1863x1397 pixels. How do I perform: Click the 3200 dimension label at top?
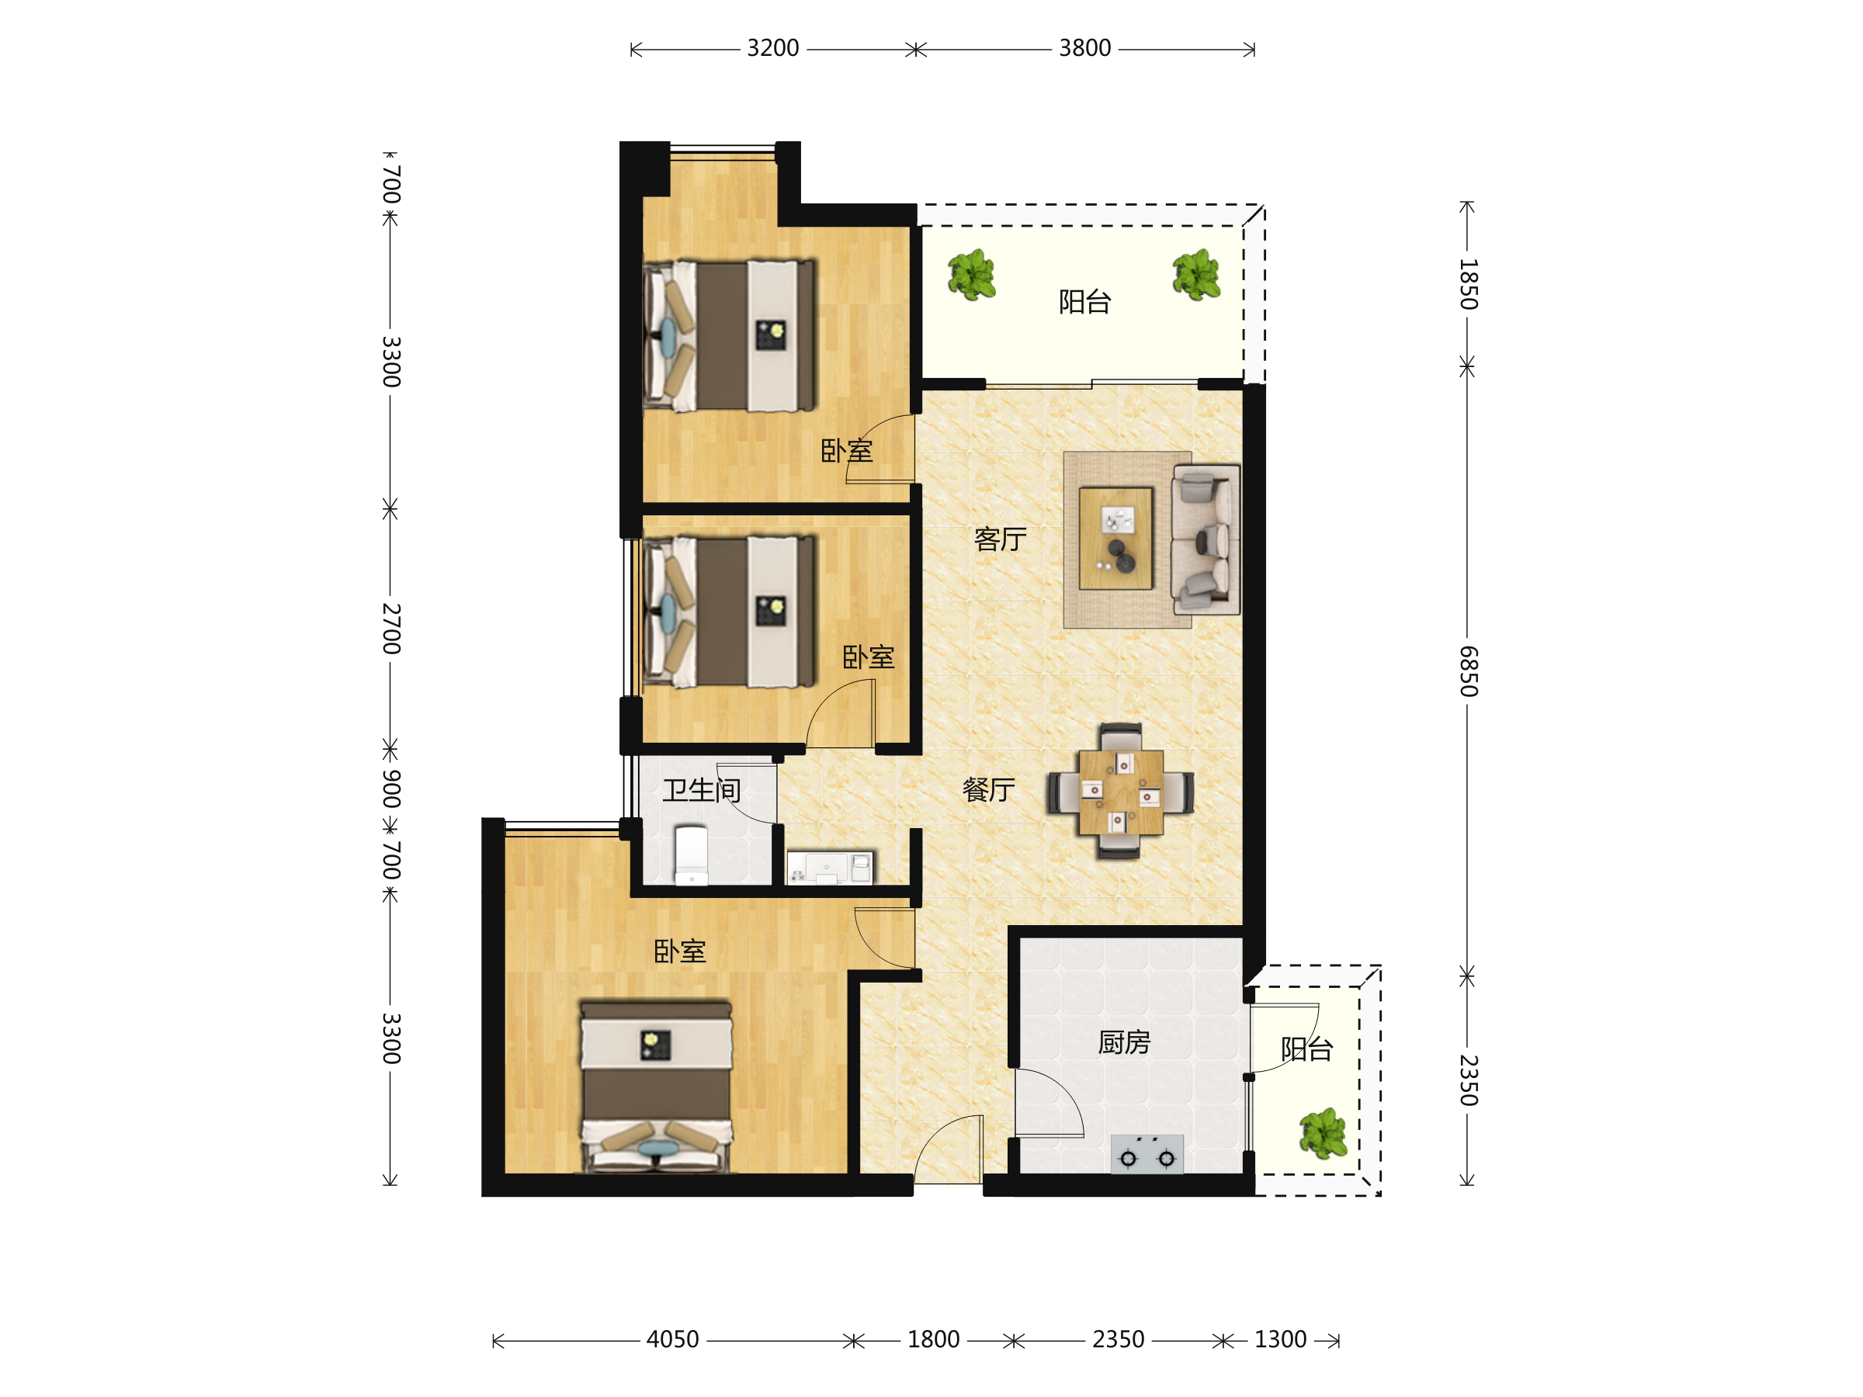pyautogui.click(x=772, y=49)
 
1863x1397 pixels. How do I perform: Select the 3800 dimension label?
pyautogui.click(x=1084, y=49)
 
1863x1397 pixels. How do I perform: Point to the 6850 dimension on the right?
pyautogui.click(x=1468, y=671)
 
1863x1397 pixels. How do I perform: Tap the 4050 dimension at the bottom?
pyautogui.click(x=672, y=1340)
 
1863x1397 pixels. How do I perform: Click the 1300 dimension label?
pyautogui.click(x=1280, y=1340)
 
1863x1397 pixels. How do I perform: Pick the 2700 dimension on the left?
pyautogui.click(x=390, y=628)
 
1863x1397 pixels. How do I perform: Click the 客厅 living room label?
pyautogui.click(x=1000, y=539)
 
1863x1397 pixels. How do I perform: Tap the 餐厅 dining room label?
pyautogui.click(x=988, y=790)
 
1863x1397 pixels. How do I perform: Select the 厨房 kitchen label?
pyautogui.click(x=1124, y=1042)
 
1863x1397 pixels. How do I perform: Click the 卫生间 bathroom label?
pyautogui.click(x=702, y=791)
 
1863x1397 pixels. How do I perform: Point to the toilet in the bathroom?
pyautogui.click(x=692, y=854)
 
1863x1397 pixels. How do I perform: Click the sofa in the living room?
pyautogui.click(x=1206, y=539)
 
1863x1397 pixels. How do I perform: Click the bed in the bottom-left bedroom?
pyautogui.click(x=656, y=1087)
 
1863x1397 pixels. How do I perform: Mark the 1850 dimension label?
pyautogui.click(x=1468, y=285)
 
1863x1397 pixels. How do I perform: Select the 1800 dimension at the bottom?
pyautogui.click(x=933, y=1340)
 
